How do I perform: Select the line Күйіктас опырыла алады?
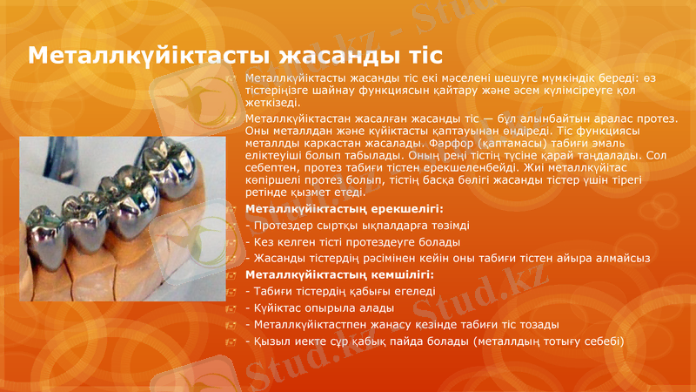[323, 308]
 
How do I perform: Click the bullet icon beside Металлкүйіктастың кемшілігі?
[231, 276]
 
